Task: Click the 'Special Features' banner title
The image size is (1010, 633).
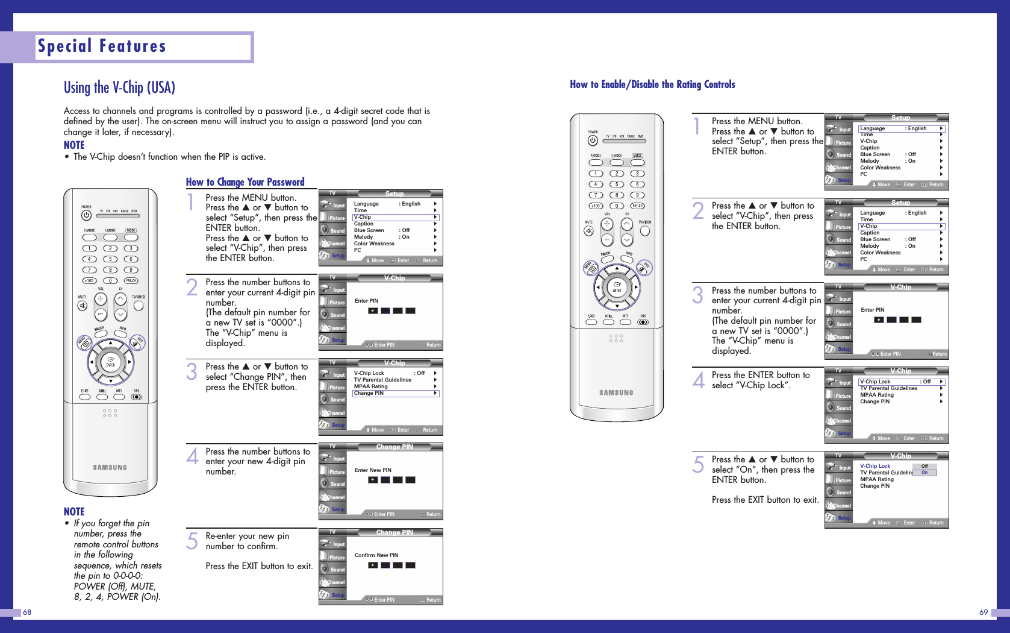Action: [x=102, y=46]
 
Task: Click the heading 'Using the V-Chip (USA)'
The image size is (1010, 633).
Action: [x=119, y=88]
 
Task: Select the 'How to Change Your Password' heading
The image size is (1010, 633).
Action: [x=245, y=182]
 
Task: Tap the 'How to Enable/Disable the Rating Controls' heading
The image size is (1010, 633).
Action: [x=652, y=84]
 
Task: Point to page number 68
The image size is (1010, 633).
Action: [x=27, y=613]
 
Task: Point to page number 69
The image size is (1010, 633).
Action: [x=983, y=613]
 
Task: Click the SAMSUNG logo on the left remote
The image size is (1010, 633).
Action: [x=110, y=467]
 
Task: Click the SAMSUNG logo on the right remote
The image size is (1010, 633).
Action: [x=616, y=392]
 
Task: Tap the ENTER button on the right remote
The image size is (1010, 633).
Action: [x=617, y=287]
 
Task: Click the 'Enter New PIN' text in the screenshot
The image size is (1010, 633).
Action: [x=373, y=470]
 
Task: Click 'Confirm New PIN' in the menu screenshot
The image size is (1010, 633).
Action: [x=376, y=555]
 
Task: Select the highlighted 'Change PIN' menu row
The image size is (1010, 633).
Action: [x=395, y=394]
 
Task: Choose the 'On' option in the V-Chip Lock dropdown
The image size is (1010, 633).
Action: [x=924, y=473]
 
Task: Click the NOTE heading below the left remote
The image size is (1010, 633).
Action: [x=74, y=512]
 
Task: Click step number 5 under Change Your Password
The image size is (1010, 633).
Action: [x=192, y=541]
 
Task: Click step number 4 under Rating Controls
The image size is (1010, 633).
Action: [x=698, y=380]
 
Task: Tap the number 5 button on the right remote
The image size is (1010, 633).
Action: [x=616, y=184]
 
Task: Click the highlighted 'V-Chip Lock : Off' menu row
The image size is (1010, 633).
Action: [x=901, y=382]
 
